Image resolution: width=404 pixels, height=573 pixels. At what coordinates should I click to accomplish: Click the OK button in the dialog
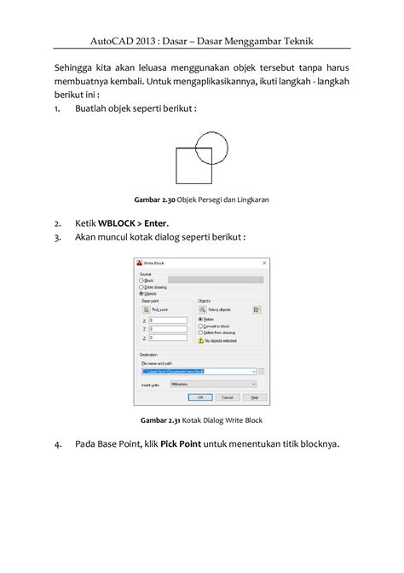point(199,396)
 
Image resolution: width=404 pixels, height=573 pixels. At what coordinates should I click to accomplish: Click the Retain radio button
point(200,319)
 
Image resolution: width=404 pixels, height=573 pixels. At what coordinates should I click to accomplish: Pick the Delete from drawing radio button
point(200,333)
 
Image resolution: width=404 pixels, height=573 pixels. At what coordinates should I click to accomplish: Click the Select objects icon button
point(201,309)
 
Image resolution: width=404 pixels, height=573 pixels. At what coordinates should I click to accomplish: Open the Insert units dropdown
point(213,384)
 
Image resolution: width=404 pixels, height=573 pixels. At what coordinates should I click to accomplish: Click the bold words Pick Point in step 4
point(181,443)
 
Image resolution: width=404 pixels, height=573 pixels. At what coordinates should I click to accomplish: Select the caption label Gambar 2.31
point(161,420)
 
